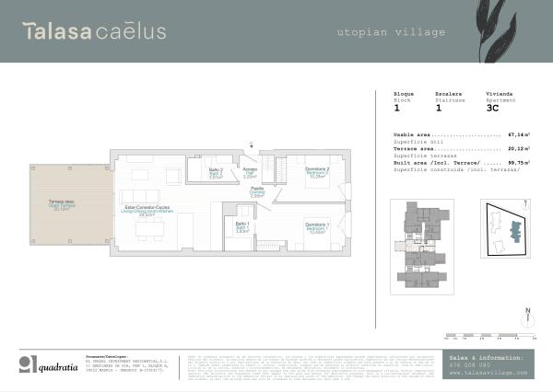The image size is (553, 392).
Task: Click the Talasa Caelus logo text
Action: [95, 31]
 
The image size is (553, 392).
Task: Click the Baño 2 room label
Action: [215, 174]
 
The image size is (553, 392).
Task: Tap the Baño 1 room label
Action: [241, 228]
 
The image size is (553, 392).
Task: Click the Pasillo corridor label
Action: [258, 191]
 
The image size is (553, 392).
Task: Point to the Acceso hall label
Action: [250, 172]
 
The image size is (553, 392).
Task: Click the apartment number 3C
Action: [492, 108]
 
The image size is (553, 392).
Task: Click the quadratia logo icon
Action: [30, 362]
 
